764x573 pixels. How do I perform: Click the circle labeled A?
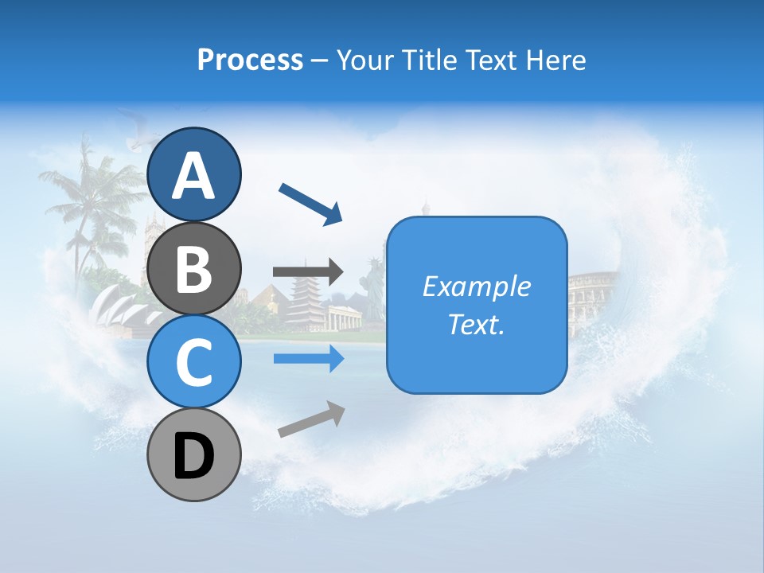(x=193, y=175)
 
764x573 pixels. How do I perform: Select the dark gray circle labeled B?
(x=193, y=268)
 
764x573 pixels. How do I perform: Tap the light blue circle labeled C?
(x=193, y=361)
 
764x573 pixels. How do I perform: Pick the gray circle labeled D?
(x=193, y=454)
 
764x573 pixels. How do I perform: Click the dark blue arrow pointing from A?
(x=310, y=204)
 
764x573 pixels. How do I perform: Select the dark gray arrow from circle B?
(x=308, y=272)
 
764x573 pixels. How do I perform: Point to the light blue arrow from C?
(x=308, y=359)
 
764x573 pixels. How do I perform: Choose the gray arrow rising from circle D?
(x=311, y=419)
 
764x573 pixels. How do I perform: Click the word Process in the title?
(x=250, y=60)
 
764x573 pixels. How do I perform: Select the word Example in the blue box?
(x=476, y=286)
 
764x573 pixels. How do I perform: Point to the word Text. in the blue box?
(x=476, y=324)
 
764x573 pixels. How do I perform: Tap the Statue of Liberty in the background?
(x=372, y=283)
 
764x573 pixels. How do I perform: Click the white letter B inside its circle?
(x=193, y=268)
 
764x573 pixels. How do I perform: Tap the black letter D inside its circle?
(x=193, y=455)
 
